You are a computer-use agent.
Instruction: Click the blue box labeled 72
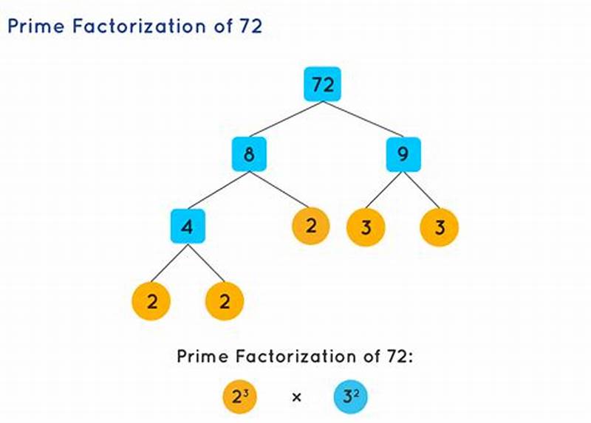coord(322,84)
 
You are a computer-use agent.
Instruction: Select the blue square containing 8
coord(248,154)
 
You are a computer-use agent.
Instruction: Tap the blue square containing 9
coord(403,154)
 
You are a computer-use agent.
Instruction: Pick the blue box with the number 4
coord(188,227)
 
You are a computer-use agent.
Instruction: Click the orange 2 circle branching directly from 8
coord(311,226)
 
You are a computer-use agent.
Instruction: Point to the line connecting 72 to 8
coord(285,120)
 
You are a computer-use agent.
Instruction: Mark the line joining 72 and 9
coord(363,120)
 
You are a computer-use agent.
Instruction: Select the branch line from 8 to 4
coord(218,190)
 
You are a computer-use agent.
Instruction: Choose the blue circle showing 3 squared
coord(348,396)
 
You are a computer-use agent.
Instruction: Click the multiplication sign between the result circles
coord(296,397)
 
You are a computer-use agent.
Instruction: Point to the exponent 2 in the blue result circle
coord(354,392)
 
